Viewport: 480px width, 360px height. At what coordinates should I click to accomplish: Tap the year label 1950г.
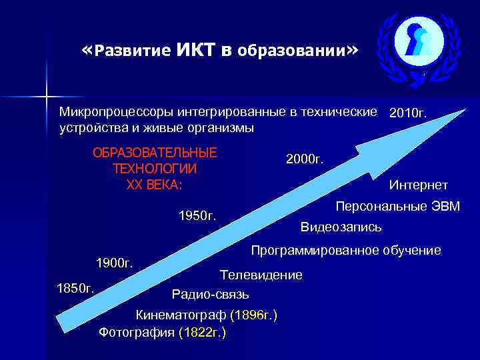[x=198, y=216]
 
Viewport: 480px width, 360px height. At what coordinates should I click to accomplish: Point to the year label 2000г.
[x=305, y=159]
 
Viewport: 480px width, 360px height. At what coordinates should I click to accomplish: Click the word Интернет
[x=419, y=185]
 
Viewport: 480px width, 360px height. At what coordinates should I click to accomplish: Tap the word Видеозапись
[x=341, y=227]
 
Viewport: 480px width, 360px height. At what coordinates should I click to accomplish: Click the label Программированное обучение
[x=345, y=251]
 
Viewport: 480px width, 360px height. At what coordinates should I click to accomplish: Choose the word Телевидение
[x=261, y=275]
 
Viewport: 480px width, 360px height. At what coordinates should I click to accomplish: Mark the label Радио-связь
[x=210, y=294]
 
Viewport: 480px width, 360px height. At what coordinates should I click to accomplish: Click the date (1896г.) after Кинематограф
[x=253, y=314]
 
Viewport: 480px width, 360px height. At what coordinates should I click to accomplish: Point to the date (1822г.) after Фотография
[x=202, y=331]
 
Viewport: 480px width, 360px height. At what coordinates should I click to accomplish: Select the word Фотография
[x=137, y=331]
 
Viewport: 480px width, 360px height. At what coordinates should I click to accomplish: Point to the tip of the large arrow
[x=465, y=109]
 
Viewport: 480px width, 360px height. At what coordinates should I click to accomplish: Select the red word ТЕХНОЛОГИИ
[x=155, y=169]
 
